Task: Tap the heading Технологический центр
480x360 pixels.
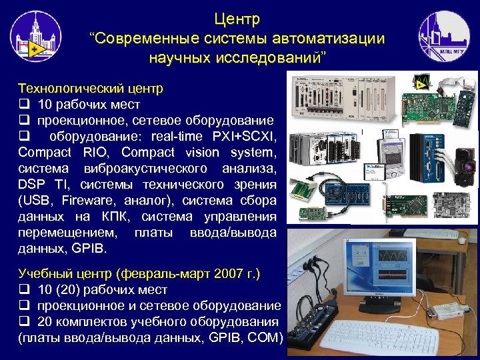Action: [91, 88]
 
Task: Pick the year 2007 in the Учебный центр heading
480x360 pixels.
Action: [224, 274]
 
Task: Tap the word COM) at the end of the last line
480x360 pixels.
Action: [266, 338]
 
